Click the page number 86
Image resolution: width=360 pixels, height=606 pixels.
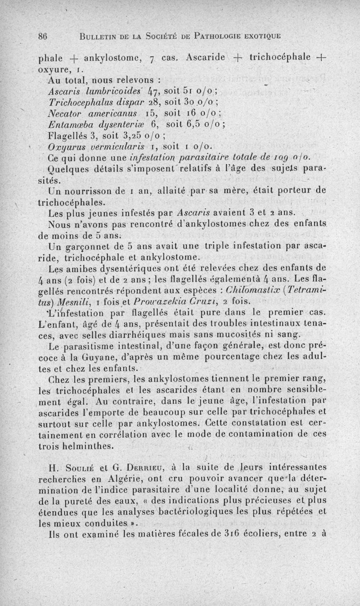43,38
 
